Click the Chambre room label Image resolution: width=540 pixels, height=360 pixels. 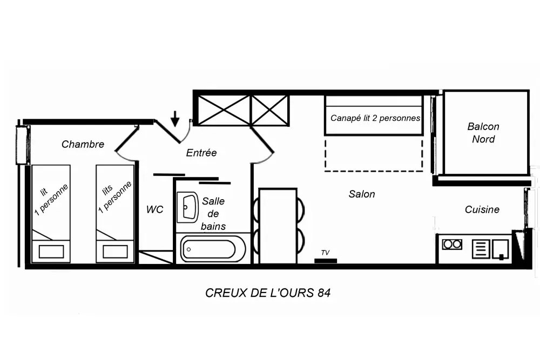83,144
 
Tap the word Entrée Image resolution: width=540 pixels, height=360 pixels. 201,153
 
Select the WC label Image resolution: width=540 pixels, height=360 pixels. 154,209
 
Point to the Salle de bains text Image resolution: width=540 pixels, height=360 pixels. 213,213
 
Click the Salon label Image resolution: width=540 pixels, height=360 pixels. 362,194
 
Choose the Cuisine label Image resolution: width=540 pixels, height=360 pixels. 482,209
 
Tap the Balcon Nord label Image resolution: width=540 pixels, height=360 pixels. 483,133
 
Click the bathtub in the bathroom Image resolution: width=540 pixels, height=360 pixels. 213,249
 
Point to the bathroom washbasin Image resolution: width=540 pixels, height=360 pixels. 188,206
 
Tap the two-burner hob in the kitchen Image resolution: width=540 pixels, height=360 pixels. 452,244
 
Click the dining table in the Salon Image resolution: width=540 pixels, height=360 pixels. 278,226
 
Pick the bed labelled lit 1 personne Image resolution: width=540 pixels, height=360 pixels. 51,213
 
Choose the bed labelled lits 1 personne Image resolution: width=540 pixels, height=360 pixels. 115,213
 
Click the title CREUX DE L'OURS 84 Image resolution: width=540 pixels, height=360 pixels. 268,293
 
